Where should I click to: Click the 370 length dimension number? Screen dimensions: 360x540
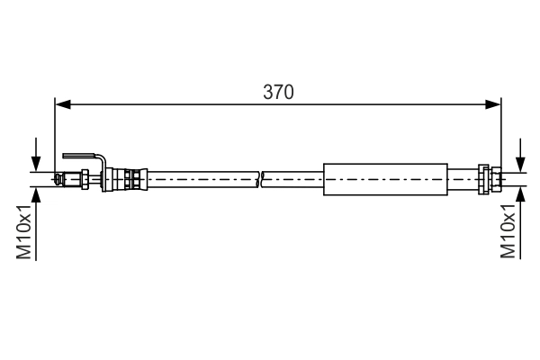point(279,92)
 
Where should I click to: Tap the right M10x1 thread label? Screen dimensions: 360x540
point(508,231)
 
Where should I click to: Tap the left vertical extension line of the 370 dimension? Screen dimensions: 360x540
point(56,135)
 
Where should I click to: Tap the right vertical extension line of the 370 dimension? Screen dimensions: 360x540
point(500,135)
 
